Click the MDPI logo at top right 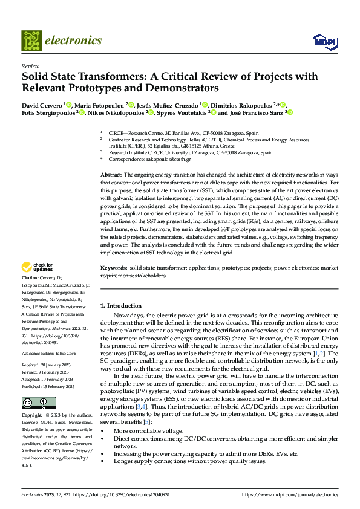324,41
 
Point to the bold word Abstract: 112,174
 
